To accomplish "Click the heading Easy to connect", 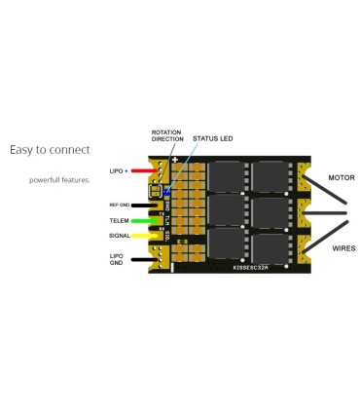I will click(50, 150).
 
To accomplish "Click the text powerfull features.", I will click(59, 180).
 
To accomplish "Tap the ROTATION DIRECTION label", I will click(167, 136).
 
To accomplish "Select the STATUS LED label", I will click(213, 138).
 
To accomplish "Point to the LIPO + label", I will click(118, 171).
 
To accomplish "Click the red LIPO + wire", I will click(144, 171).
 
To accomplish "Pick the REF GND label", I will click(119, 206).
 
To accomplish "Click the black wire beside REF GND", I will click(146, 206).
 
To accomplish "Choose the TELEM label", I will click(120, 220).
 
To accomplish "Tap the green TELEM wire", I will click(147, 220).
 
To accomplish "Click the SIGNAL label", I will click(120, 235).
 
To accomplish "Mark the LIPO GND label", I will click(117, 259).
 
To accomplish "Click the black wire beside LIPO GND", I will click(146, 259).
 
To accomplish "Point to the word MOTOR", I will click(341, 178).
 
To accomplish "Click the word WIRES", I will click(342, 248).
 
